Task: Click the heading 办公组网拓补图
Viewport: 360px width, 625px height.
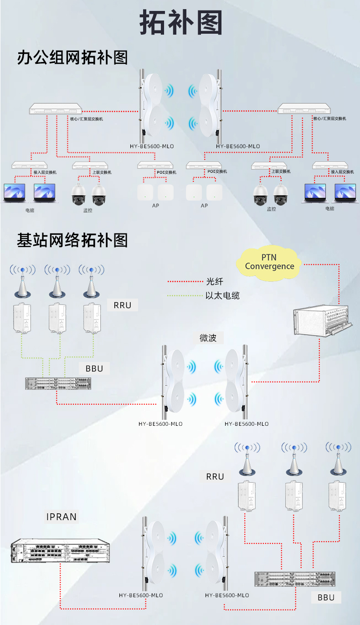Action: pos(72,57)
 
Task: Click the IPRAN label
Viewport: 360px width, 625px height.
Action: pos(62,517)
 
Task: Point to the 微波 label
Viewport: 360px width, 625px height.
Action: pos(208,338)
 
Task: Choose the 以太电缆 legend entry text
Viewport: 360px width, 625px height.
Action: pos(222,295)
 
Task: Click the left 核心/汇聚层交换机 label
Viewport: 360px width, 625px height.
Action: pos(87,119)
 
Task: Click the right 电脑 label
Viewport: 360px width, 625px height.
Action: pos(329,208)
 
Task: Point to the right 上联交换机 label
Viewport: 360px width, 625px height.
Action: pos(280,172)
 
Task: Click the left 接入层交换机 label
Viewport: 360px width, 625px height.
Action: pos(45,172)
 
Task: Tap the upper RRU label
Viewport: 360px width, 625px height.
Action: pos(122,305)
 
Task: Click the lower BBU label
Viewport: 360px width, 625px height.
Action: pos(326,597)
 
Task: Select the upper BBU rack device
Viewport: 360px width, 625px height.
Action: pos(58,383)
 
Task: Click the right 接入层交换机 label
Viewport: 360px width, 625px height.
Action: pos(342,172)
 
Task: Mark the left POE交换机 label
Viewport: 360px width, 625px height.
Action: pos(166,172)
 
